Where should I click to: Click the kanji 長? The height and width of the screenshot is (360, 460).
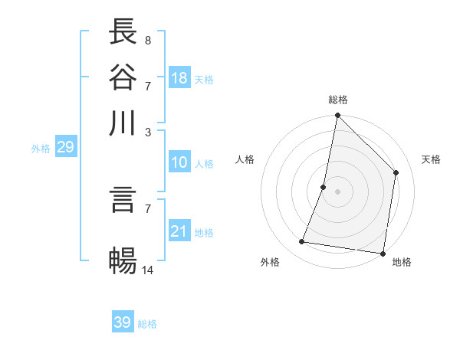(x=123, y=31)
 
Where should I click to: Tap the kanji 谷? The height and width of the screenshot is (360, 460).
(x=123, y=77)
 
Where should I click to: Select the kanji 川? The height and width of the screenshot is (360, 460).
(x=123, y=123)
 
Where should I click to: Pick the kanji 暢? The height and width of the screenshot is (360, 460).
(x=123, y=260)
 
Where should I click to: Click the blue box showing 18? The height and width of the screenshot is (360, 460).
(x=179, y=78)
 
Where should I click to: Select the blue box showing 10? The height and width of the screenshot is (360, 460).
(x=179, y=162)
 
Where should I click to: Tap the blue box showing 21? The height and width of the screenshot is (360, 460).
(x=179, y=231)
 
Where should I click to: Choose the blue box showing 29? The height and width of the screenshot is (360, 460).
(x=65, y=147)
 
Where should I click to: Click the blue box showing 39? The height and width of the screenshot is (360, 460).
(x=123, y=322)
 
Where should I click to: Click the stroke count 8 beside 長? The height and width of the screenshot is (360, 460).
(x=147, y=39)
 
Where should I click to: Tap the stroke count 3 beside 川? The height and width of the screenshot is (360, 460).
(x=147, y=131)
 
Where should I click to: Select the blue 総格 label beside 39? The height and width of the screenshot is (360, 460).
(x=147, y=324)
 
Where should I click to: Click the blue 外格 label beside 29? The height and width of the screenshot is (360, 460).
(x=41, y=149)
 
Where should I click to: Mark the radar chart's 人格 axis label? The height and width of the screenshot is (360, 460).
(x=245, y=159)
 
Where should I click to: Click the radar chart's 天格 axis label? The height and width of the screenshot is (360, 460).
(x=431, y=159)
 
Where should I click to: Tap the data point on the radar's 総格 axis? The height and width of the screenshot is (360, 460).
(x=337, y=116)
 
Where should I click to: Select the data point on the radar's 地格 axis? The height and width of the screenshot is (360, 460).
(x=383, y=253)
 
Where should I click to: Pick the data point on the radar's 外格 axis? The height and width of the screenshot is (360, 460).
(x=302, y=242)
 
